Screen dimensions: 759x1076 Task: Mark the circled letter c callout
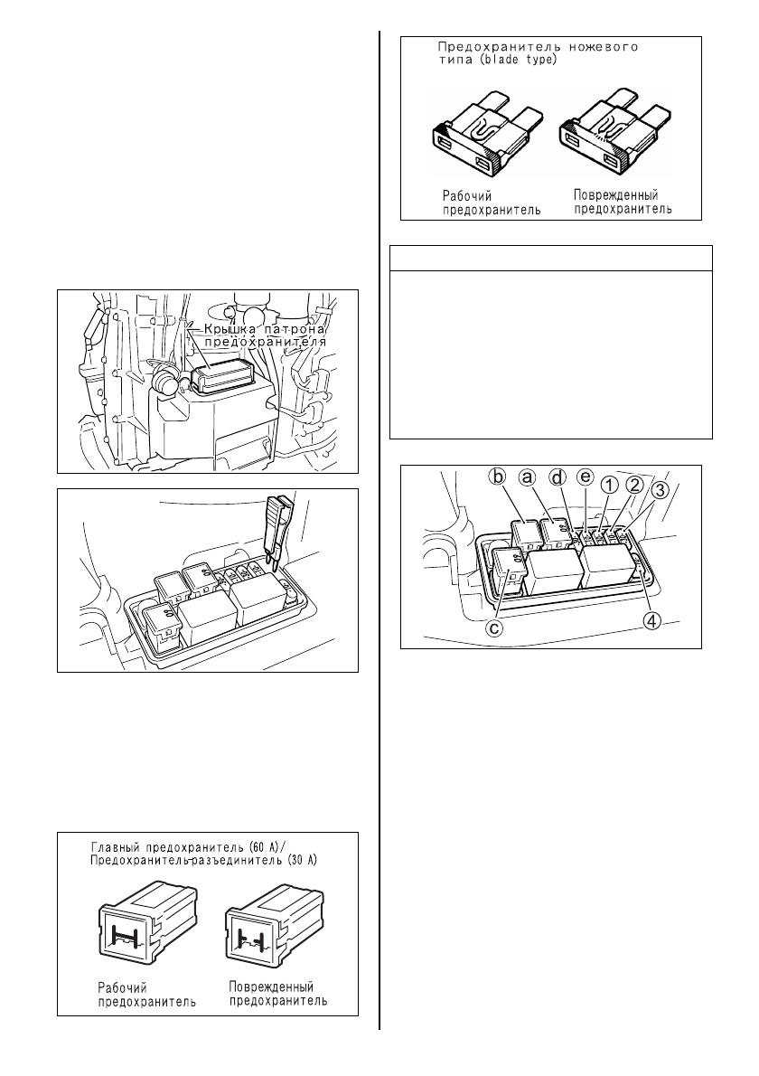[494, 628]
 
